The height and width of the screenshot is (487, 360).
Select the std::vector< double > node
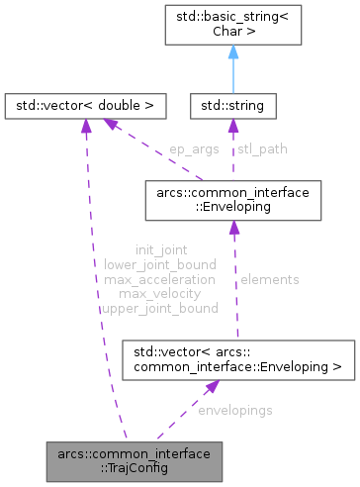[85, 103]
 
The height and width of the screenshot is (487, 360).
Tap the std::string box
[233, 103]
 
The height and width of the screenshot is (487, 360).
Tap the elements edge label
[269, 280]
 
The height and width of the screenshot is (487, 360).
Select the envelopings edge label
[235, 408]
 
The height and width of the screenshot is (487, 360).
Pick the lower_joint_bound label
[159, 265]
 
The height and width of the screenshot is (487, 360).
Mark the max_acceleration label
[159, 280]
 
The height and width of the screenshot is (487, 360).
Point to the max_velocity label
[159, 294]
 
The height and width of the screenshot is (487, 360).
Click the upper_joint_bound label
[159, 309]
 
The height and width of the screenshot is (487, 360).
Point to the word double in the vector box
[124, 103]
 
